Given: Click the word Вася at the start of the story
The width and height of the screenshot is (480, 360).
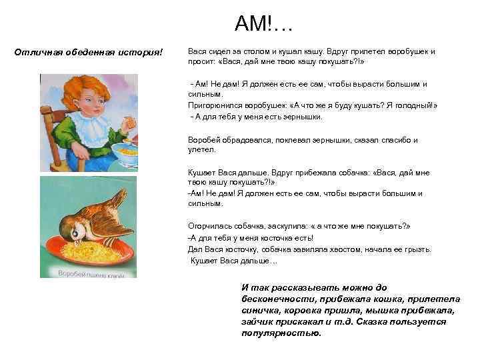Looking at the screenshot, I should click(x=197, y=51).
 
